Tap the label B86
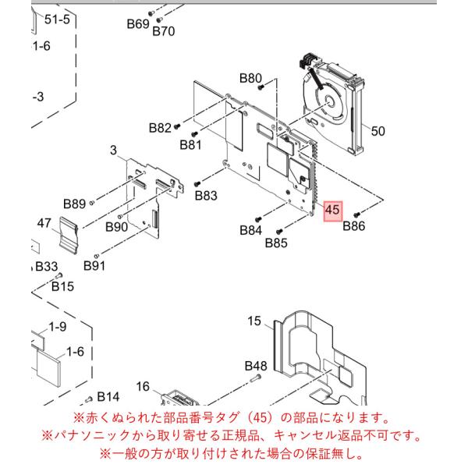click(x=353, y=226)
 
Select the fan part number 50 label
click(x=378, y=131)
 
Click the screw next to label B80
click(x=261, y=87)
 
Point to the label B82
click(x=160, y=128)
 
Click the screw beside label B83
click(x=197, y=184)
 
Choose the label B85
click(x=276, y=243)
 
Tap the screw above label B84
click(x=258, y=219)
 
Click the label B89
click(x=75, y=204)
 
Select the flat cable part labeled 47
click(x=69, y=236)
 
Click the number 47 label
click(x=44, y=223)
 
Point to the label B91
click(x=94, y=266)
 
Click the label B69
click(x=138, y=24)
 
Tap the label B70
click(x=164, y=31)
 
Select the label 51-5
click(x=57, y=19)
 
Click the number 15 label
click(x=254, y=321)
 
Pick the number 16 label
click(x=143, y=387)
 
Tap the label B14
click(x=108, y=397)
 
